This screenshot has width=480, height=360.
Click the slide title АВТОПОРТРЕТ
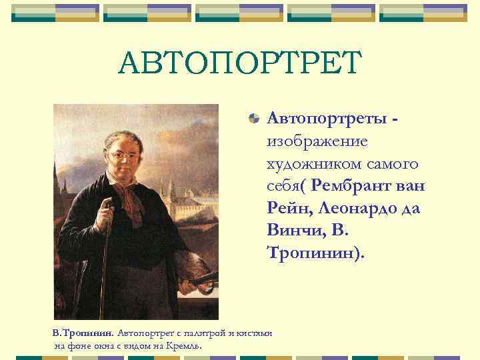pos(239,64)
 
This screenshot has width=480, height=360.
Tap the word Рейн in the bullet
pos(289,208)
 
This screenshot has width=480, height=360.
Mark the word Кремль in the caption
pos(186,346)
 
